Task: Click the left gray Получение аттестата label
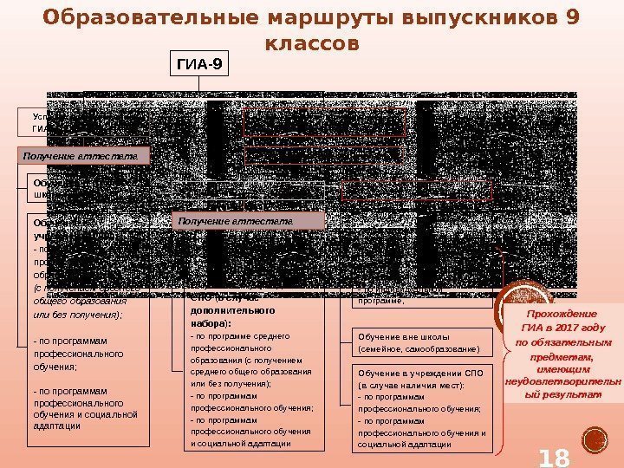[x=84, y=156]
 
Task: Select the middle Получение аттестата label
[x=249, y=222]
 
